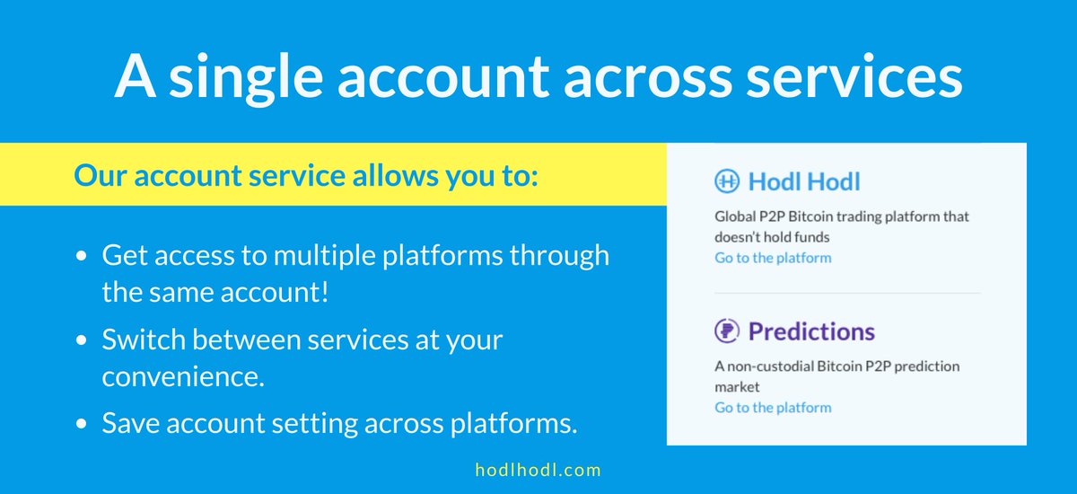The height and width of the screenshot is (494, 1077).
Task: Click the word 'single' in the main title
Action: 246,78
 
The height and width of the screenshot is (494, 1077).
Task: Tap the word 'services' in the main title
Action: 854,76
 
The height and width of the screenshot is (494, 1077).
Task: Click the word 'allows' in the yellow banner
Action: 395,175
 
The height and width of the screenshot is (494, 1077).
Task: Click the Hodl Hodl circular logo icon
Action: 726,181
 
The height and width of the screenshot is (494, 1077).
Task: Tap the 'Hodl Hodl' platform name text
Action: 804,181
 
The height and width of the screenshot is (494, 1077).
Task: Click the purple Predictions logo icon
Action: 726,331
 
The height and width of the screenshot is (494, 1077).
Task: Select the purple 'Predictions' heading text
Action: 811,331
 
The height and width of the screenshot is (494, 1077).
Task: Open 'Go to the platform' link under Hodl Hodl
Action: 773,258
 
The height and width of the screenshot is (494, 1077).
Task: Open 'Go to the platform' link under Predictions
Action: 773,408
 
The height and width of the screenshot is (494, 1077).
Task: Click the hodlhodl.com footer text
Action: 538,470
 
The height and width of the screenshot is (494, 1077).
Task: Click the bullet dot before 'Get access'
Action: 82,256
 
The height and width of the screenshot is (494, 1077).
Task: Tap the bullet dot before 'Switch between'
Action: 82,340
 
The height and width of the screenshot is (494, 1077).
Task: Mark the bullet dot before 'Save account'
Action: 82,423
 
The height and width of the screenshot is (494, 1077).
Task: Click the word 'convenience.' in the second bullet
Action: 183,376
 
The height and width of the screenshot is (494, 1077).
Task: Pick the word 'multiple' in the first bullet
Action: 325,256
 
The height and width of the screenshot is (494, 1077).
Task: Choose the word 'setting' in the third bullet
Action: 313,424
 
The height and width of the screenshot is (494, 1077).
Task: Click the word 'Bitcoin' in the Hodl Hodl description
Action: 810,216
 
